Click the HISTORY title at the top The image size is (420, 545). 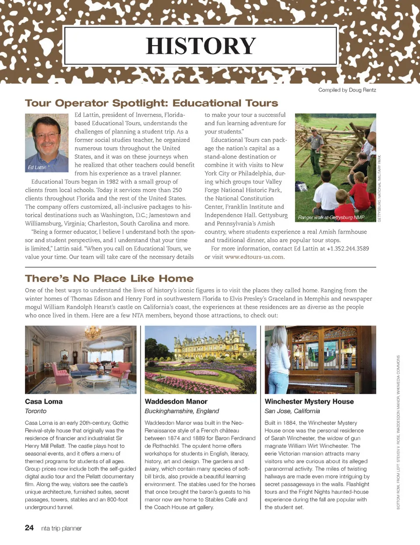coord(201,46)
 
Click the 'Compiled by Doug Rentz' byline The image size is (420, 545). coord(347,90)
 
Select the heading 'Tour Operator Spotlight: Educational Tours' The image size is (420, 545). coord(151,103)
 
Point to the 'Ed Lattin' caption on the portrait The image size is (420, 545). coord(37,167)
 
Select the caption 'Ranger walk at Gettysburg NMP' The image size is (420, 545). coord(331,218)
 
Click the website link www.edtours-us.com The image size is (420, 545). coord(254,257)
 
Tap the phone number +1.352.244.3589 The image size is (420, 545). coord(348,249)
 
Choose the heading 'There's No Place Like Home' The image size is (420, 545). coord(109,279)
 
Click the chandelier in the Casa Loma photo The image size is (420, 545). coord(92,334)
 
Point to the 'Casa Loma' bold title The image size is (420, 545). coord(44,401)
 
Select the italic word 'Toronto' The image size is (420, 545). coord(35,411)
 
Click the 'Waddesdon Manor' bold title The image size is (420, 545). coord(176,401)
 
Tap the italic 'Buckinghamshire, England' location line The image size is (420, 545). coord(182,411)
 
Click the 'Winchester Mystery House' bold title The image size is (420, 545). coord(309,401)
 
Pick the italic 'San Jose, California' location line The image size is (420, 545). coord(292,411)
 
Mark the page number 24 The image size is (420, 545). coord(29,528)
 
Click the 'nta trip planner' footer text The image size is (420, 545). coord(61,528)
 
